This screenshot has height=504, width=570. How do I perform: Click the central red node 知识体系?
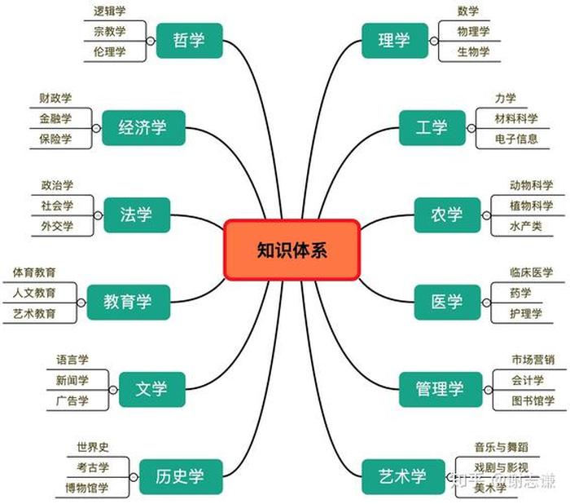click(x=291, y=250)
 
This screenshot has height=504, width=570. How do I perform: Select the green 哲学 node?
click(x=189, y=40)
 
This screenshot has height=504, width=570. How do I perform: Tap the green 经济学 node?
click(x=142, y=127)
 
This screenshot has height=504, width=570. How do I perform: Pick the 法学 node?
click(x=137, y=215)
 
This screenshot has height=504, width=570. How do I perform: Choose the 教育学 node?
click(x=127, y=302)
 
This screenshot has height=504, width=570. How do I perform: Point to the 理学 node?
click(x=394, y=40)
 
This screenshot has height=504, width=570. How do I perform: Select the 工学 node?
click(x=432, y=127)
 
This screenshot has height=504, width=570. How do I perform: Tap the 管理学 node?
click(x=440, y=389)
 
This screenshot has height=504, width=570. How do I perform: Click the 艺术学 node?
click(x=402, y=476)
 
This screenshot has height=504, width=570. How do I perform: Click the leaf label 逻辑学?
click(x=110, y=11)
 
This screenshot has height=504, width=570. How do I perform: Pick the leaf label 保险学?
click(x=55, y=139)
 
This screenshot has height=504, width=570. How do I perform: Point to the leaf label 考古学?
click(x=93, y=467)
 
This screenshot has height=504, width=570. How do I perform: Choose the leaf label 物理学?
click(x=473, y=31)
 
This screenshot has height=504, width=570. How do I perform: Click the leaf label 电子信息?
click(x=516, y=139)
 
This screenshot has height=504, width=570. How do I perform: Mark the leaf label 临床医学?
click(x=531, y=272)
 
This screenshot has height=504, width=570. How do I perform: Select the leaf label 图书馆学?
click(x=533, y=400)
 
